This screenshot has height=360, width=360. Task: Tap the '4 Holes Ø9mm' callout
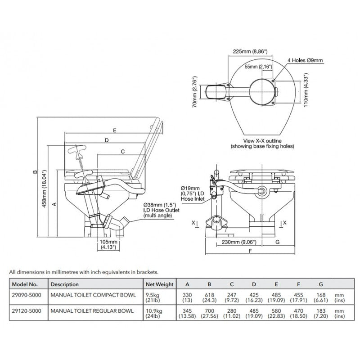pyautogui.click(x=305, y=60)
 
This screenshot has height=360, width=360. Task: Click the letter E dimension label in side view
pyautogui.click(x=115, y=130)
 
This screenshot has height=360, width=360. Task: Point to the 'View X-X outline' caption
pyautogui.click(x=262, y=141)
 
